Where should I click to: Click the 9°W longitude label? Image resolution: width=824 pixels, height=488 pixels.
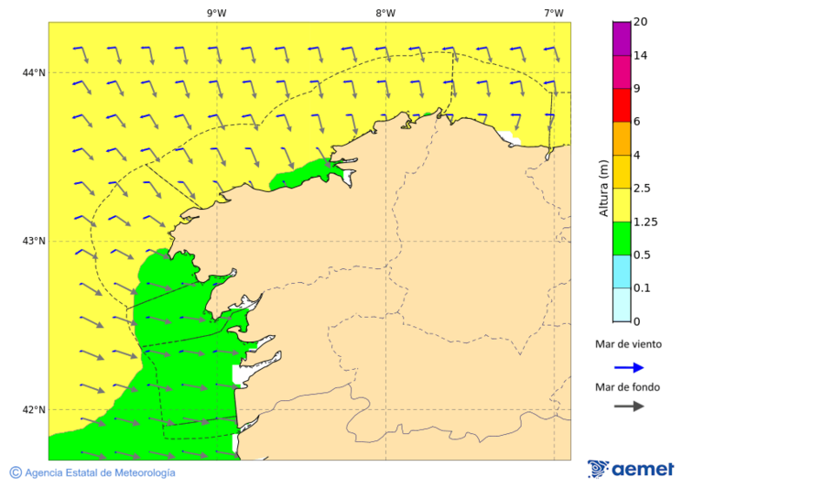pos(216,13)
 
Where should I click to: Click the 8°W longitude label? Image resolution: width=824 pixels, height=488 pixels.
pos(385,13)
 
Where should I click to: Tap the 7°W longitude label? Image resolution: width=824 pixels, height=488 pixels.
pos(553,13)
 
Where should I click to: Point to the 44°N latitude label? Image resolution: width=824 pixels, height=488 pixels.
pos(35,72)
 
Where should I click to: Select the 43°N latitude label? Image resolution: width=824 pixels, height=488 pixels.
pos(35,241)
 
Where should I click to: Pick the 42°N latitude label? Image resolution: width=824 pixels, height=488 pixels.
pos(35,409)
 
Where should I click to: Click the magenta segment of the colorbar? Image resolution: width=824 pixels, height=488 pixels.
pos(622,38)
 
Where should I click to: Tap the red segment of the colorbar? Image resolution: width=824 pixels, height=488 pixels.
pos(622,105)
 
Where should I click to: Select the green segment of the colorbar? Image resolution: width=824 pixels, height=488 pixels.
pos(622,238)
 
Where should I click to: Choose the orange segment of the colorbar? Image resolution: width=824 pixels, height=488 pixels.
pos(622,138)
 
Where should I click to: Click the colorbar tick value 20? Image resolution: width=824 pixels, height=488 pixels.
pos(641,22)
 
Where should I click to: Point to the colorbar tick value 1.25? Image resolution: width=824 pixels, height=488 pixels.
pos(646,222)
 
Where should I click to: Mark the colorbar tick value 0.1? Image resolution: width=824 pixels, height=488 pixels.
pos(643,288)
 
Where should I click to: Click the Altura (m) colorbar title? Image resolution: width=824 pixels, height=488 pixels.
pos(603,189)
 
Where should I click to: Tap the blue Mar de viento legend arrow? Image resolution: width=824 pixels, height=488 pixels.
pos(629,367)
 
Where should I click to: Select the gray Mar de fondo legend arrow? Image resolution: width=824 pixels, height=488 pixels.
pos(629,407)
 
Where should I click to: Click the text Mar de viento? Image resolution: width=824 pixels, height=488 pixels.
pos(628,344)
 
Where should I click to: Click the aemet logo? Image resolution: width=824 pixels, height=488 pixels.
pos(631,469)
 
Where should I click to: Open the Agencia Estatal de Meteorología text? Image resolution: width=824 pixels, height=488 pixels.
pos(100,472)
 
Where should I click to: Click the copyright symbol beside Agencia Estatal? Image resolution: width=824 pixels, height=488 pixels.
pos(16,472)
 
